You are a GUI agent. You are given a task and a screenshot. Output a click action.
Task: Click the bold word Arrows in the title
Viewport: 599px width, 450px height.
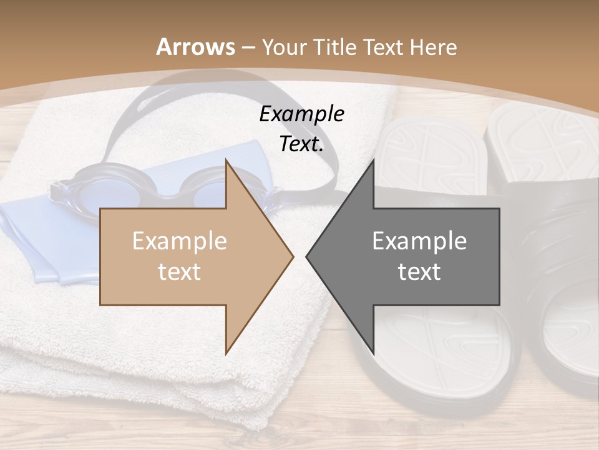pos(196,47)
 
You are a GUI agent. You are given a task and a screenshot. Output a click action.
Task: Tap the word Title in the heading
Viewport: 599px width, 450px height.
pos(334,47)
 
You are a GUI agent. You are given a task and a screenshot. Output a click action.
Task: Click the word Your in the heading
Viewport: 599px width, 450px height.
pos(285,47)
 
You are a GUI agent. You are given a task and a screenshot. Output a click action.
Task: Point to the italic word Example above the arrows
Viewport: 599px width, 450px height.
pos(301,114)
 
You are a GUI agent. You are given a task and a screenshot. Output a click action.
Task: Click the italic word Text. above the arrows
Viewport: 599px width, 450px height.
pos(301,144)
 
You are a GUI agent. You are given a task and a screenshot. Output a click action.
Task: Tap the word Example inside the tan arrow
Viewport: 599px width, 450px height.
pos(179,241)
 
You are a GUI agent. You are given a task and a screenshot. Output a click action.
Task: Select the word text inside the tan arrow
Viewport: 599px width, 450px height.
pos(179,271)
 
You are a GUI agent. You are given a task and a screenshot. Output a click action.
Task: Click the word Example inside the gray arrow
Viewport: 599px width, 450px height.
pos(419,241)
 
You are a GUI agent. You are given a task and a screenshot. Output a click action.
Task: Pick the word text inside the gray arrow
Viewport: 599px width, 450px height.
pos(419,271)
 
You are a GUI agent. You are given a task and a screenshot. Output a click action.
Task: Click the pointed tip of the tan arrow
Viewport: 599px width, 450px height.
pos(293,256)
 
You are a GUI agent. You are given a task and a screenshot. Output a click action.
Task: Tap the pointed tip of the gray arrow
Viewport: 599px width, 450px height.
pos(306,256)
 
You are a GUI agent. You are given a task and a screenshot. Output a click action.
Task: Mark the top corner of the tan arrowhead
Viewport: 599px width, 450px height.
pos(226,160)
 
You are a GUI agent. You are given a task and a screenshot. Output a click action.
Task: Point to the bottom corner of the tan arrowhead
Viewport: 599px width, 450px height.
pos(226,354)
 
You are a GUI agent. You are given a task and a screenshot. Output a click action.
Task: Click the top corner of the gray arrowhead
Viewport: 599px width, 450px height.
pos(374,160)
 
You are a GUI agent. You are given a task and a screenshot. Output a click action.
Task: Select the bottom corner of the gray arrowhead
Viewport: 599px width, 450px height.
pos(374,354)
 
